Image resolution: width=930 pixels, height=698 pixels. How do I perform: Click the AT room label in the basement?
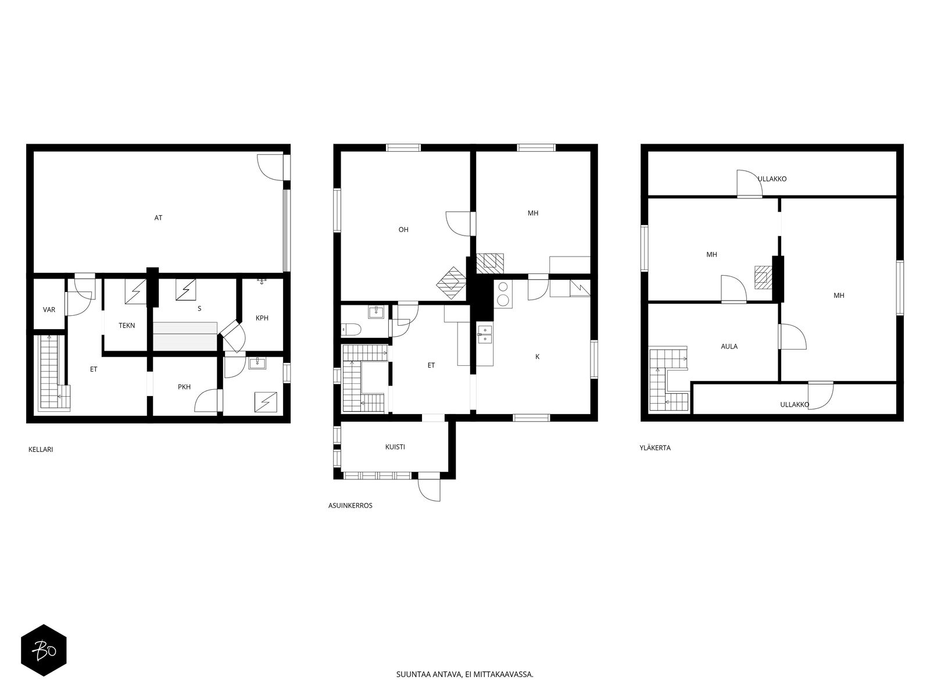pos(158,218)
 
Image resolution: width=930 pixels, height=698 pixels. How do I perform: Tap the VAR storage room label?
pos(49,310)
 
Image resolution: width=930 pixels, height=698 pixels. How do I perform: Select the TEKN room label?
pos(127,326)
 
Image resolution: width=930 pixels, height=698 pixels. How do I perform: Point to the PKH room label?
pos(184,387)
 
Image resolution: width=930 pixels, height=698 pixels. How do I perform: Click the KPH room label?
pos(262,318)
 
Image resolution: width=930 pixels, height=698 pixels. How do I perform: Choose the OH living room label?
pos(403,230)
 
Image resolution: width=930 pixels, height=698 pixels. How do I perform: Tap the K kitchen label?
pos(537,357)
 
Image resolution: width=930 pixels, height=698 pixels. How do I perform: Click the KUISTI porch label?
pos(395,447)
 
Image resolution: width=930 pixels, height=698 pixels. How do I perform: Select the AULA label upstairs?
pos(729,346)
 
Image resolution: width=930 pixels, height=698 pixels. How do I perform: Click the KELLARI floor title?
pos(41,450)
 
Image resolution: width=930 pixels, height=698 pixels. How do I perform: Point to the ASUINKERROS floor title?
pos(350,505)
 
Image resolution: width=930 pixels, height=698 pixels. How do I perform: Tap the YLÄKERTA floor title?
pos(655,447)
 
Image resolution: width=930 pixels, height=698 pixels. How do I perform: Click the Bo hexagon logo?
pos(44,650)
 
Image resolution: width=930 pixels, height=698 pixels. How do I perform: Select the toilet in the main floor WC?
pos(351,329)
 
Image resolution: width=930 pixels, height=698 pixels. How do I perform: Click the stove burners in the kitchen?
pos(503,294)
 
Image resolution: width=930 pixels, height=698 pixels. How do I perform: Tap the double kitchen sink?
pos(485,334)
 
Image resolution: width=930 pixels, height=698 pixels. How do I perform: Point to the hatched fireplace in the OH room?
pos(451,283)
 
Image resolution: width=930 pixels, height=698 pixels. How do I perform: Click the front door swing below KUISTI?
pos(429,490)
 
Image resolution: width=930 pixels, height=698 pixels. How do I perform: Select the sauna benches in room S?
pos(185,337)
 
